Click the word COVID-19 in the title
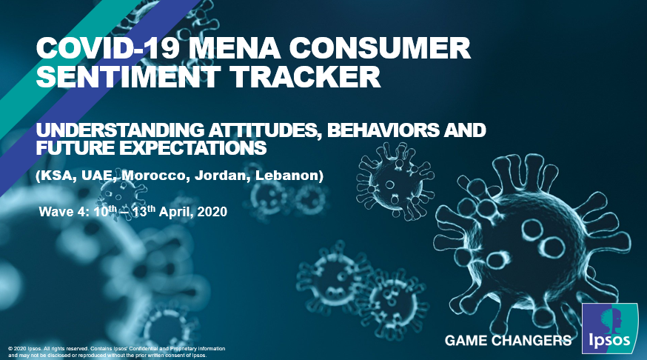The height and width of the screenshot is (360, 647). pyautogui.click(x=108, y=48)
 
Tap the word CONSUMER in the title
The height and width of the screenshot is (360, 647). pyautogui.click(x=380, y=48)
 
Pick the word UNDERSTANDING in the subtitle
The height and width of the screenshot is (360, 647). pyautogui.click(x=120, y=130)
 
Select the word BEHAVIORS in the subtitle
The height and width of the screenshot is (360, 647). pyautogui.click(x=383, y=130)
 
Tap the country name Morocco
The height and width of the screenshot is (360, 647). pyautogui.click(x=155, y=176)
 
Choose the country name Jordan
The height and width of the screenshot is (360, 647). pyautogui.click(x=221, y=176)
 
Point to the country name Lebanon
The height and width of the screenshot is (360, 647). pyautogui.click(x=287, y=176)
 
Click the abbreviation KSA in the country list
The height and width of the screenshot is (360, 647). pyautogui.click(x=59, y=176)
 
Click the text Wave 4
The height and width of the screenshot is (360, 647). pyautogui.click(x=64, y=212)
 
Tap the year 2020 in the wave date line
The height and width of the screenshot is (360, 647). pyautogui.click(x=212, y=212)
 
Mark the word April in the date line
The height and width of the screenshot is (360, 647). pyautogui.click(x=176, y=212)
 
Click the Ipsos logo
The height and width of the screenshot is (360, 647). pyautogui.click(x=610, y=329)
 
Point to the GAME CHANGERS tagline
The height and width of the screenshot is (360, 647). pyautogui.click(x=509, y=341)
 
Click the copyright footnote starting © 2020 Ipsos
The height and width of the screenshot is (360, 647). pyautogui.click(x=117, y=352)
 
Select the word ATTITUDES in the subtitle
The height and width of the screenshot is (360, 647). pyautogui.click(x=265, y=130)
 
